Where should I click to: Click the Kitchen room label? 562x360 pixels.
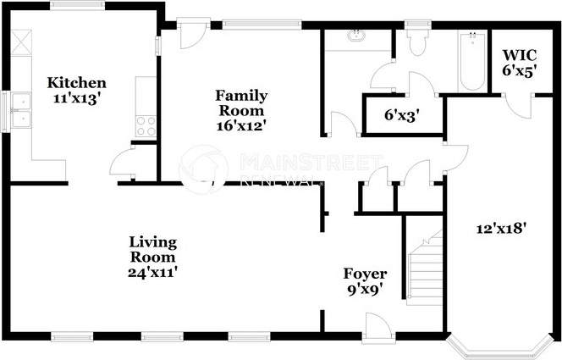click(77, 83)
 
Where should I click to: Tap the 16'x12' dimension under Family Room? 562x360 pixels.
click(241, 126)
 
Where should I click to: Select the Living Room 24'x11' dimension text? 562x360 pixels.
click(152, 273)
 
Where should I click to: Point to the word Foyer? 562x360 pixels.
click(365, 274)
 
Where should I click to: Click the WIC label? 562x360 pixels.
click(520, 56)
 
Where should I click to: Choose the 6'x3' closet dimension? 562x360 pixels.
click(402, 115)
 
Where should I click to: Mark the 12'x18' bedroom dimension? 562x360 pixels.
click(501, 229)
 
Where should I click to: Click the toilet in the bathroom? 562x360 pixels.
click(417, 42)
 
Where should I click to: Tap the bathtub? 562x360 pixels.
click(472, 61)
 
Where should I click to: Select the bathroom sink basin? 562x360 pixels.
click(356, 36)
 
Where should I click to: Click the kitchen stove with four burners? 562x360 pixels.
click(146, 126)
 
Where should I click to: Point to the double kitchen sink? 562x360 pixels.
click(21, 110)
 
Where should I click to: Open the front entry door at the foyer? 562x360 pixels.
click(378, 325)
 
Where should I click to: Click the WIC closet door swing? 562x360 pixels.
click(519, 106)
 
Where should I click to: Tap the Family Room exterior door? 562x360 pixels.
click(193, 35)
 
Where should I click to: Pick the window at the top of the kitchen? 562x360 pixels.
click(77, 5)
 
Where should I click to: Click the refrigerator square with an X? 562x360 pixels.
click(21, 42)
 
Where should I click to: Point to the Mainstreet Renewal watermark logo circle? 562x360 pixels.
click(203, 169)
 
